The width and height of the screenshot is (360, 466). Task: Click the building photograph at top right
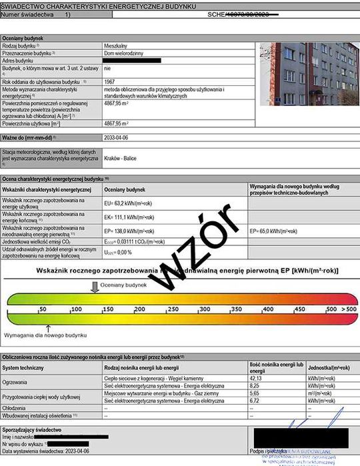(307, 74)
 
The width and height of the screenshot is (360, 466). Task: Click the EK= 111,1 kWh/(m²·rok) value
(130, 218)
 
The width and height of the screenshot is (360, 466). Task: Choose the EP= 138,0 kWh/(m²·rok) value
(130, 231)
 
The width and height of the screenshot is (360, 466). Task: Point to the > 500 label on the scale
(349, 310)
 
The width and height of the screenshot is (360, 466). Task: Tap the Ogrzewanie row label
(16, 382)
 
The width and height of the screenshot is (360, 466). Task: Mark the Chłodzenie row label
(15, 408)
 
